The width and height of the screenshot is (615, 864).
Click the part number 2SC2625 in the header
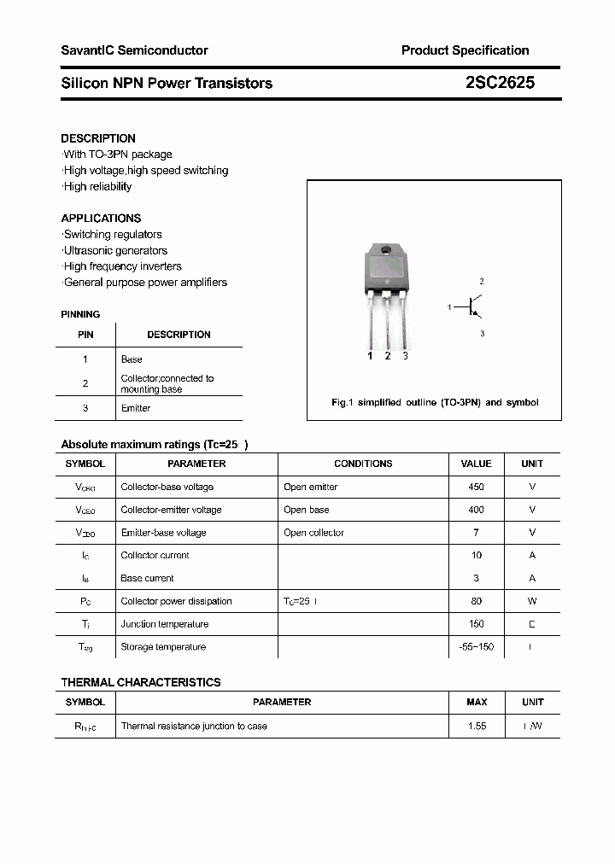(x=501, y=83)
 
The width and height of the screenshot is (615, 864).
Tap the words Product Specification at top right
(x=465, y=50)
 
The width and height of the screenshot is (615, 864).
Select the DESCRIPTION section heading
(x=98, y=138)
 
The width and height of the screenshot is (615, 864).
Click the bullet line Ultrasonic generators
(x=115, y=250)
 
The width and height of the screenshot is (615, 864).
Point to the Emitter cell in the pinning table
(x=136, y=408)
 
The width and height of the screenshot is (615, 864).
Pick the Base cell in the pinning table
(x=132, y=359)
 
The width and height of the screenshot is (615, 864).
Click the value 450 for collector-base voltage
(x=476, y=487)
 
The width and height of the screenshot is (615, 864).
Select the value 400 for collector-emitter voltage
(x=476, y=510)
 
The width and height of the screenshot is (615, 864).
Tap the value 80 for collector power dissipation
(x=476, y=601)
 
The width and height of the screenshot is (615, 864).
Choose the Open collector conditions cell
(x=313, y=533)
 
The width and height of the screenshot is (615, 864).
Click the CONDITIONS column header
(x=363, y=464)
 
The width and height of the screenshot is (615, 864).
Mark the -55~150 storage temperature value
(x=476, y=647)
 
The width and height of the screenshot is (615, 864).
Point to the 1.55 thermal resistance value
(x=477, y=726)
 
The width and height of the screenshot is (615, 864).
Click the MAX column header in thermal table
(x=477, y=702)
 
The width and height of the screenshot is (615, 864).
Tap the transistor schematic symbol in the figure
(x=472, y=306)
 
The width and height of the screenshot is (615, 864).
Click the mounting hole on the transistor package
(x=385, y=251)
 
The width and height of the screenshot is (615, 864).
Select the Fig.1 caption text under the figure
(x=435, y=402)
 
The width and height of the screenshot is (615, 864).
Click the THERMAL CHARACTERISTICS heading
(x=141, y=682)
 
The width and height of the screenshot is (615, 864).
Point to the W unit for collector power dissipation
(x=532, y=601)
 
